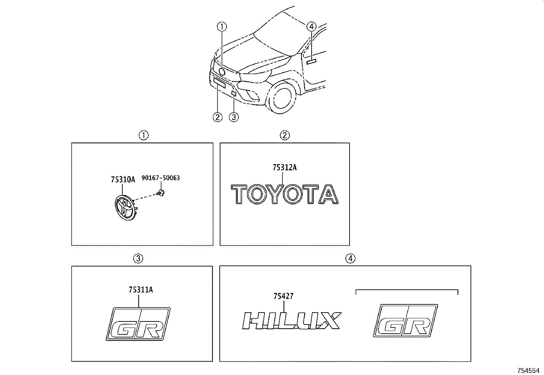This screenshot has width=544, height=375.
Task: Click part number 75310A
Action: [123, 179]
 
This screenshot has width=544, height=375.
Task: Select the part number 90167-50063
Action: [161, 178]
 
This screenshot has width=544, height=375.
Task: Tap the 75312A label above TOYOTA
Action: [285, 167]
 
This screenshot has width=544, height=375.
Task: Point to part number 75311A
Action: [141, 290]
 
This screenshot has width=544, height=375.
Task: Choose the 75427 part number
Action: [283, 296]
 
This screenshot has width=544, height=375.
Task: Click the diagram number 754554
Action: [528, 371]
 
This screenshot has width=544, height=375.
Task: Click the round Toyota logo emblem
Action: [125, 208]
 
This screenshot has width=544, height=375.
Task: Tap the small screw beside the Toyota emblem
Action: [161, 193]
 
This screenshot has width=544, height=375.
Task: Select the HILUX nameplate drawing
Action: [292, 321]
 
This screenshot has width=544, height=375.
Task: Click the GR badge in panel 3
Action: [138, 324]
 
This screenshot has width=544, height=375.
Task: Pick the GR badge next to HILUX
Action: [405, 320]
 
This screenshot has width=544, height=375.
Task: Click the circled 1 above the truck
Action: [222, 27]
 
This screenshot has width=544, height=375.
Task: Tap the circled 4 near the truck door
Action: [311, 26]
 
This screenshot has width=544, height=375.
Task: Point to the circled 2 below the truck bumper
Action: [217, 117]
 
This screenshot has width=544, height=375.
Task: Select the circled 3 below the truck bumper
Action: [234, 117]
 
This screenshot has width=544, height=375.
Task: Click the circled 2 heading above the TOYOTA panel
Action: [285, 135]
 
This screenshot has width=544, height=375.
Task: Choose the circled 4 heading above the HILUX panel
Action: [350, 259]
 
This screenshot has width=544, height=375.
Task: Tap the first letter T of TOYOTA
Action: [239, 194]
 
